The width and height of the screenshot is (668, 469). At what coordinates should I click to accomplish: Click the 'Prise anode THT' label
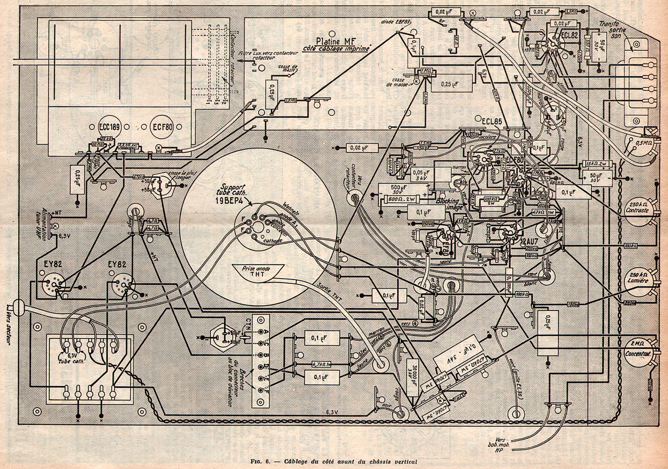258,271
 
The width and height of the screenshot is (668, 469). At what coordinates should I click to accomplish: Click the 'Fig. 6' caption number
262,462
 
